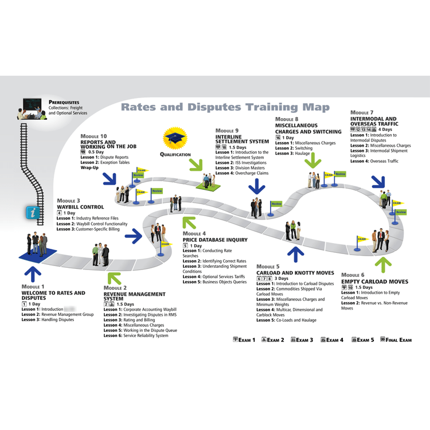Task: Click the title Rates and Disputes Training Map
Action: point(225,107)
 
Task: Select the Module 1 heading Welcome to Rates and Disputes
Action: point(53,295)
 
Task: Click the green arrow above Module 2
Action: point(114,278)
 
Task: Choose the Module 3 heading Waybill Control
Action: point(80,206)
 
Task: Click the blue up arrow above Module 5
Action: point(296,254)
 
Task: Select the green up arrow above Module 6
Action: point(382,264)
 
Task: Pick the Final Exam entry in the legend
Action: point(396,340)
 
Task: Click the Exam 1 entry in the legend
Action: point(244,340)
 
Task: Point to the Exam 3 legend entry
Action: point(302,340)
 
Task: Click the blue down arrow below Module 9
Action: point(257,186)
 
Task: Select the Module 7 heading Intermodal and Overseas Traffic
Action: point(374,122)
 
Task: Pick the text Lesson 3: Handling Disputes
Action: point(48,319)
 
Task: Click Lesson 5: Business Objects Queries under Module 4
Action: point(214,282)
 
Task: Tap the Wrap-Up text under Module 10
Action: point(90,168)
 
